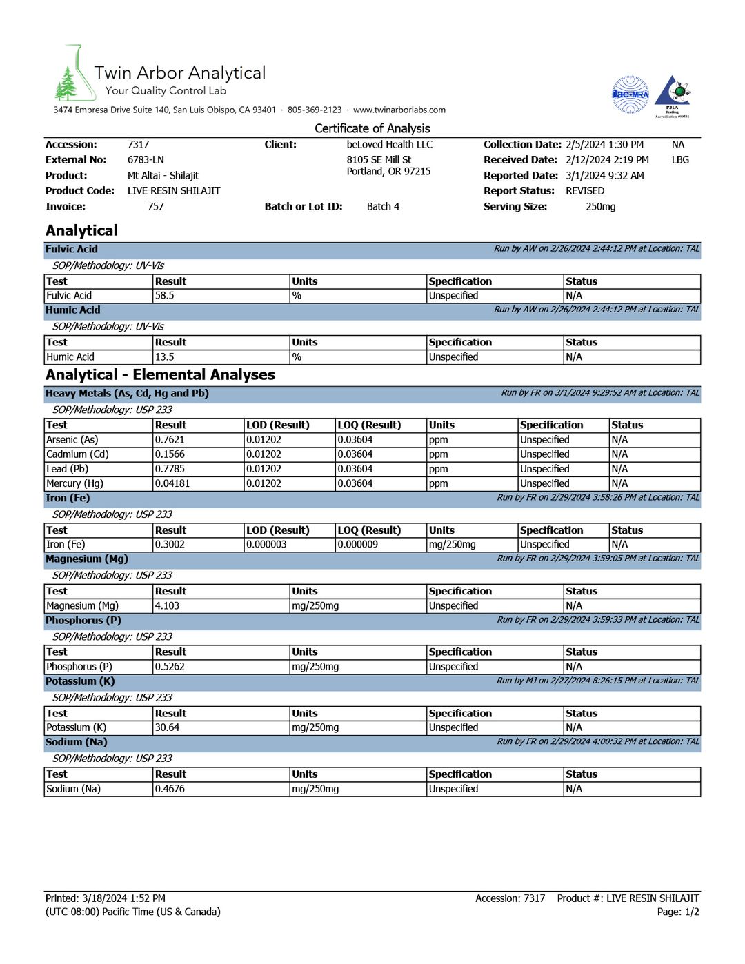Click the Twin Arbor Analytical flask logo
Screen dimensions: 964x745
point(74,75)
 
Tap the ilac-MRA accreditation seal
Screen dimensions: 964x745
point(630,94)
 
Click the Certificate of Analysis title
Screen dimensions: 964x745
point(372,128)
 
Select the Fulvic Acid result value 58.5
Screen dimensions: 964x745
point(165,296)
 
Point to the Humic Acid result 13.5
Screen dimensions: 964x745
point(165,357)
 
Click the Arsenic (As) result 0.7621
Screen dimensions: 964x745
point(170,440)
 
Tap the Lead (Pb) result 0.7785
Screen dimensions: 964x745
point(170,469)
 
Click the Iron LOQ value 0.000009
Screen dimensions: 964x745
point(357,545)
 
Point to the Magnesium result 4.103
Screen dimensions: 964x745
point(167,606)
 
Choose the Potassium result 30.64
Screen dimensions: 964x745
point(167,727)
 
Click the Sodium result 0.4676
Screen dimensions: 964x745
point(170,789)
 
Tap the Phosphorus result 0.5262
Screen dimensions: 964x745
point(170,667)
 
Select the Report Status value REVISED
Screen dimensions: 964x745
point(585,191)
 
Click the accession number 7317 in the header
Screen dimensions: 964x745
point(138,145)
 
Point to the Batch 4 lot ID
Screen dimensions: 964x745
point(383,207)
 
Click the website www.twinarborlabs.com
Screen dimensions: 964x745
point(399,110)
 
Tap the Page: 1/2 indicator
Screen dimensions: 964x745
point(678,912)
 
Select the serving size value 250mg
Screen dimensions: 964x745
point(600,207)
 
